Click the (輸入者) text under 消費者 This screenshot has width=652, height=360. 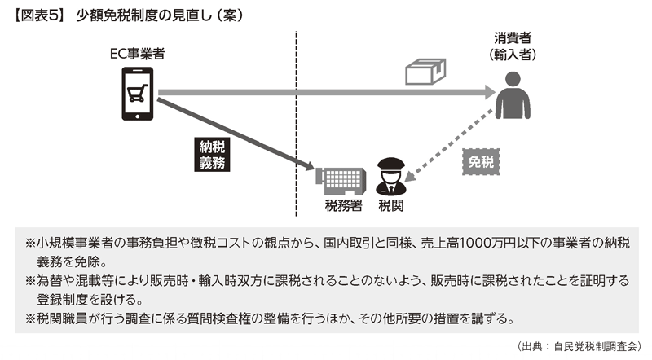(513, 55)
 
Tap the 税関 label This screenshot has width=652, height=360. (390, 205)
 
